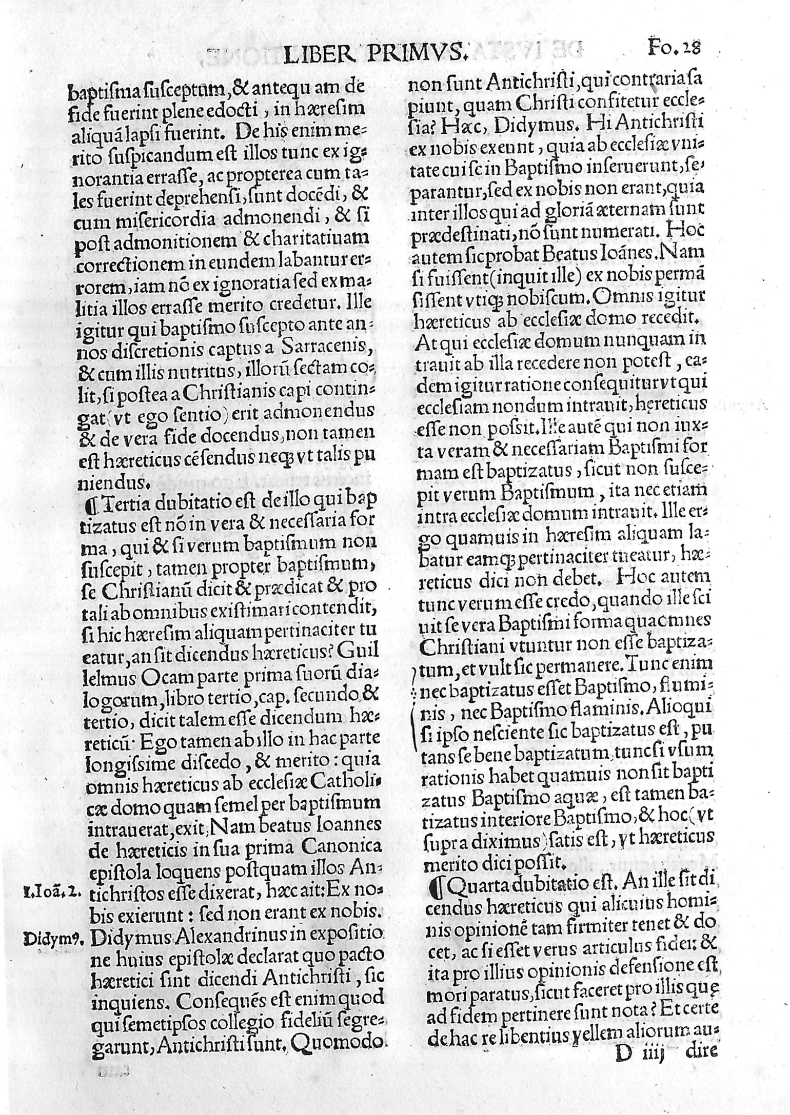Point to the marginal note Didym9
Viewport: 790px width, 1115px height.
56,940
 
